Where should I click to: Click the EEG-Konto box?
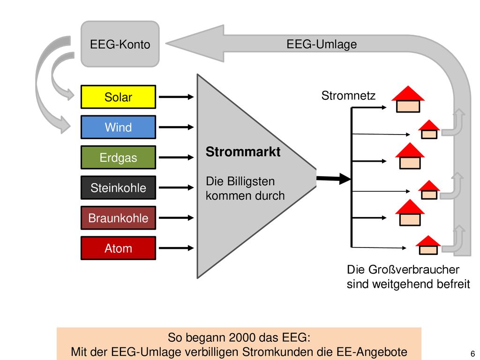point(120,44)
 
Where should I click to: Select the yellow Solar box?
point(118,97)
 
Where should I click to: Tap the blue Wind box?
point(118,127)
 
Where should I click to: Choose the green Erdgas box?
point(118,157)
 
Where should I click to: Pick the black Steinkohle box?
point(118,187)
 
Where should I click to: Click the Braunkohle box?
point(118,217)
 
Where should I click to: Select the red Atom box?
point(118,248)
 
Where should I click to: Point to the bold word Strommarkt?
point(243,152)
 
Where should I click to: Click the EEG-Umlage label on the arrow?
point(322,44)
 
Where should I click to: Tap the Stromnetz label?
point(348,96)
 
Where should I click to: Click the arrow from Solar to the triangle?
point(176,97)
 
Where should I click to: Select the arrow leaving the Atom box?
point(176,248)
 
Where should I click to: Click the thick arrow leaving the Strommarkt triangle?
point(334,179)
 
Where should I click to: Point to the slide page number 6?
point(472,353)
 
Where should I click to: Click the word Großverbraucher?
point(413,270)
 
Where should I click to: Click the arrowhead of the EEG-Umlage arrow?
point(195,44)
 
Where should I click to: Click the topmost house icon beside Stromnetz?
point(408,99)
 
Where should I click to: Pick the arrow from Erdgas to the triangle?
point(176,157)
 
